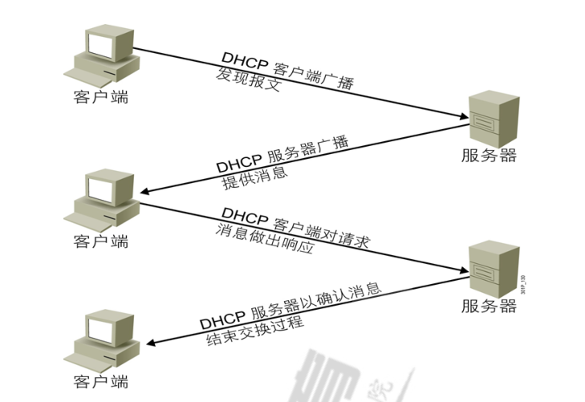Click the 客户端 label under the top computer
[100, 98]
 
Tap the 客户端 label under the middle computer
[100, 242]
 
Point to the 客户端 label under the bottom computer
[100, 381]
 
